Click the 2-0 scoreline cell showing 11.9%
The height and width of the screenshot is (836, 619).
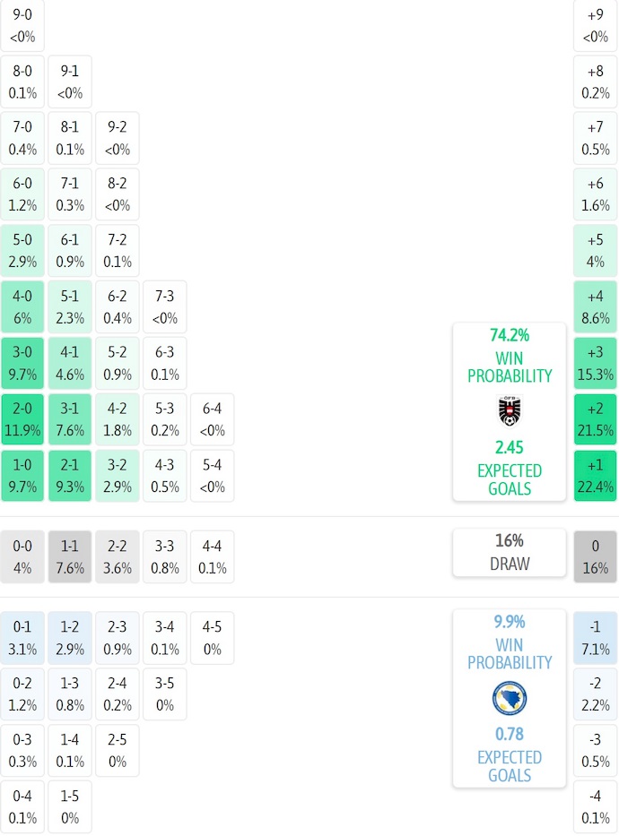[22, 419]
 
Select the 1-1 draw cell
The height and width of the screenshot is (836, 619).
[70, 556]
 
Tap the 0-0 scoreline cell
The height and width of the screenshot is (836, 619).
[22, 556]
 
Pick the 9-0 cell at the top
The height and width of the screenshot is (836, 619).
[22, 25]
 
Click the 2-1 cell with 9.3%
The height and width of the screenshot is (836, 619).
[70, 476]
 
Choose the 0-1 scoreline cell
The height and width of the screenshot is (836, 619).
[22, 637]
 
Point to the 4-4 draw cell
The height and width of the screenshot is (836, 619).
[212, 556]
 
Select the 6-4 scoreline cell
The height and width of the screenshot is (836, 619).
[212, 419]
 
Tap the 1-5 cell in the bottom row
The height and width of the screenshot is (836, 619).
[70, 807]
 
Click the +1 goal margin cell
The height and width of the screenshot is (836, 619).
[596, 476]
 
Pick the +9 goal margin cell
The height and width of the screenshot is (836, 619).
[596, 25]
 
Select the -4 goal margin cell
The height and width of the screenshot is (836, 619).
[596, 807]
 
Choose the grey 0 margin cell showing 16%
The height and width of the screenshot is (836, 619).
[596, 556]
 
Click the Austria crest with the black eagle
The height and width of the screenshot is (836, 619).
[510, 411]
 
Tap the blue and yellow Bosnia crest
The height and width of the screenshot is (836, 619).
[510, 698]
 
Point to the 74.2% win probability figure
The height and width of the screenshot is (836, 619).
[510, 336]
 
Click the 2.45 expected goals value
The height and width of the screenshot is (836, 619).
[510, 447]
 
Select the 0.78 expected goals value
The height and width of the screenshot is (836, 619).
[510, 735]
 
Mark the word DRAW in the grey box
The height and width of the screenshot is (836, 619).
[510, 564]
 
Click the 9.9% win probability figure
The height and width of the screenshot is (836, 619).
[510, 622]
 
